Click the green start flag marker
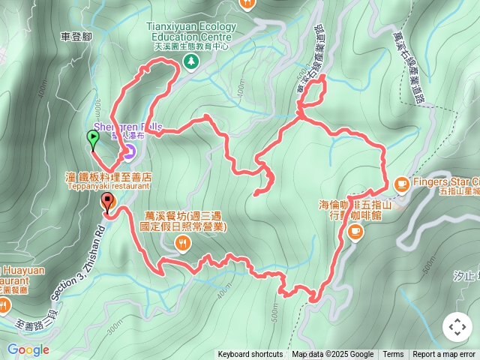pyautogui.click(x=92, y=138)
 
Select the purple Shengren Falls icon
pyautogui.click(x=129, y=153)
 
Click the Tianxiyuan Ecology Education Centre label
pyautogui.click(x=192, y=31)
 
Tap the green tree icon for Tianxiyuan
pyautogui.click(x=192, y=61)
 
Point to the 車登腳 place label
pyautogui.click(x=78, y=35)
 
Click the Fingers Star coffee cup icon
pyautogui.click(x=401, y=182)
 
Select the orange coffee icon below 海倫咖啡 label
pyautogui.click(x=355, y=232)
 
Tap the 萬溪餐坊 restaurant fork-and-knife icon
pyautogui.click(x=182, y=242)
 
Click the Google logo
pyautogui.click(x=28, y=349)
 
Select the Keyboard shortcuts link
pyautogui.click(x=250, y=355)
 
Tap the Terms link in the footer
pyautogui.click(x=393, y=355)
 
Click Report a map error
pyautogui.click(x=444, y=355)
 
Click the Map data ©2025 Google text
pyautogui.click(x=332, y=355)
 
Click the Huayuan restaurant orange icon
pyautogui.click(x=4, y=304)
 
